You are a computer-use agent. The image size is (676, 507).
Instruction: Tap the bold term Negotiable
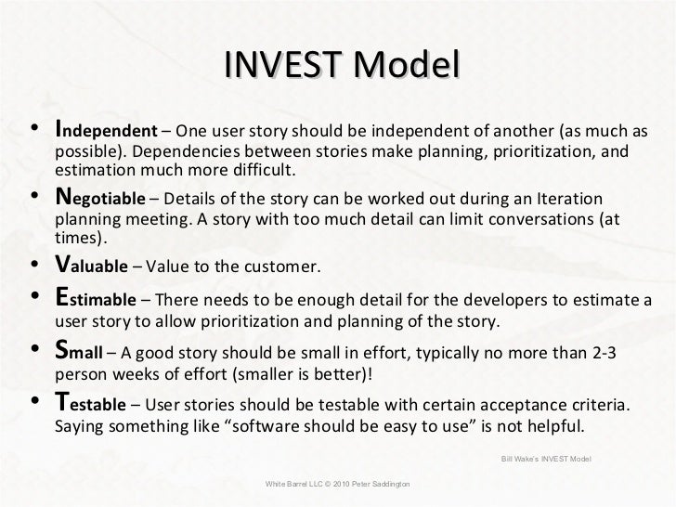(x=99, y=200)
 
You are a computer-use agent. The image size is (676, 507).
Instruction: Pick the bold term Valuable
(x=93, y=268)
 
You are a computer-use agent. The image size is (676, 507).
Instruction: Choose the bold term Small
(x=79, y=354)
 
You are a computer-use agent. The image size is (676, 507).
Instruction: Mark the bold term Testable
(x=92, y=405)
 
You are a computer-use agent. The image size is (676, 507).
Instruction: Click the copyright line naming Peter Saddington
(x=338, y=485)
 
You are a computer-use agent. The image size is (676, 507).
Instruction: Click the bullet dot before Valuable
(x=34, y=269)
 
